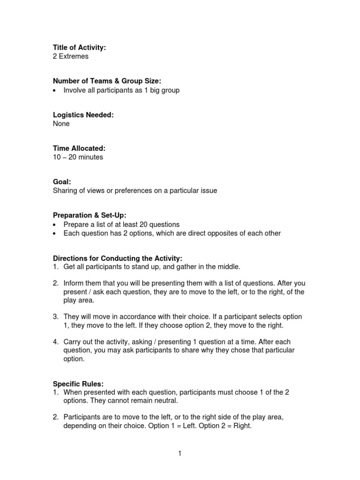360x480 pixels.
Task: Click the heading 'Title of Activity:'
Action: [80, 48]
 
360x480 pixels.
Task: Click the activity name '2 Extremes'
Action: [70, 56]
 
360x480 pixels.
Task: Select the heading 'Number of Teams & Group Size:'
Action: [107, 82]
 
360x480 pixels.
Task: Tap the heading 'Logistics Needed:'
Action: [83, 115]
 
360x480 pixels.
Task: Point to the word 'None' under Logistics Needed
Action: [61, 124]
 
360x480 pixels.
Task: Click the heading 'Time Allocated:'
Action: [79, 149]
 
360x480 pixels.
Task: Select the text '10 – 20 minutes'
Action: [78, 157]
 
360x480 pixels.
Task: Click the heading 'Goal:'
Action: [62, 182]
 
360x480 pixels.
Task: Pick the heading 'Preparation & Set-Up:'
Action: [90, 216]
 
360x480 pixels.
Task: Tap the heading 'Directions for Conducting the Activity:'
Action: [117, 258]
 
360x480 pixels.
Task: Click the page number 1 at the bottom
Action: [180, 453]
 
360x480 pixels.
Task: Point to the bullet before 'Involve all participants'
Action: [55, 90]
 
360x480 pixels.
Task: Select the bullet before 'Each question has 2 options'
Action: [55, 233]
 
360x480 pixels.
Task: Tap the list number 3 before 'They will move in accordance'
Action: [55, 317]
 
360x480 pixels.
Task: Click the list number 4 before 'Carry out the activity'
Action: [55, 342]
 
